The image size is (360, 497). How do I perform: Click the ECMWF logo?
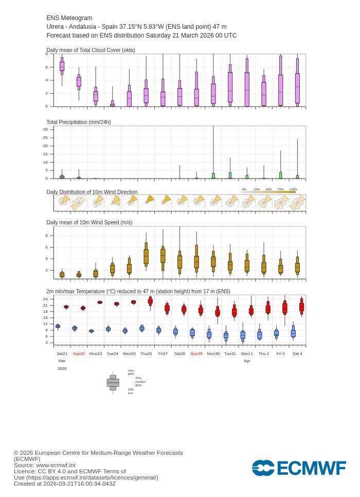(x=298, y=468)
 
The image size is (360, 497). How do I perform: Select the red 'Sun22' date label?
(x=79, y=353)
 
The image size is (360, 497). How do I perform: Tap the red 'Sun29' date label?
(x=196, y=353)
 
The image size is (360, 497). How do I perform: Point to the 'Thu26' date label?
(x=146, y=353)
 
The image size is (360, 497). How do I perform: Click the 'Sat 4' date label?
(x=297, y=353)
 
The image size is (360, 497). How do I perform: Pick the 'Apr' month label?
(x=247, y=361)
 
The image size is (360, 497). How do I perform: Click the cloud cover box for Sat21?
(x=62, y=66)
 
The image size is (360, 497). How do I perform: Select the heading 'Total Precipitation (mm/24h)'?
(x=79, y=122)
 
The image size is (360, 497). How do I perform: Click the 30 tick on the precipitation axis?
(x=45, y=130)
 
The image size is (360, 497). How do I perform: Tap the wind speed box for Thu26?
(x=146, y=256)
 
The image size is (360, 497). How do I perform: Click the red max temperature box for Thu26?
(x=150, y=301)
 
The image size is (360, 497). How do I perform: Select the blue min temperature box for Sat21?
(x=58, y=326)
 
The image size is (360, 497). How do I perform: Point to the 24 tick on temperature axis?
(x=45, y=299)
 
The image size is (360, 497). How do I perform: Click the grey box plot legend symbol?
(x=113, y=383)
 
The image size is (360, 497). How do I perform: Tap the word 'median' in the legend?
(x=140, y=382)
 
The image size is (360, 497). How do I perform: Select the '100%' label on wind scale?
(x=293, y=189)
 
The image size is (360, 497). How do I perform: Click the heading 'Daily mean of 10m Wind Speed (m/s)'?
(x=89, y=222)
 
